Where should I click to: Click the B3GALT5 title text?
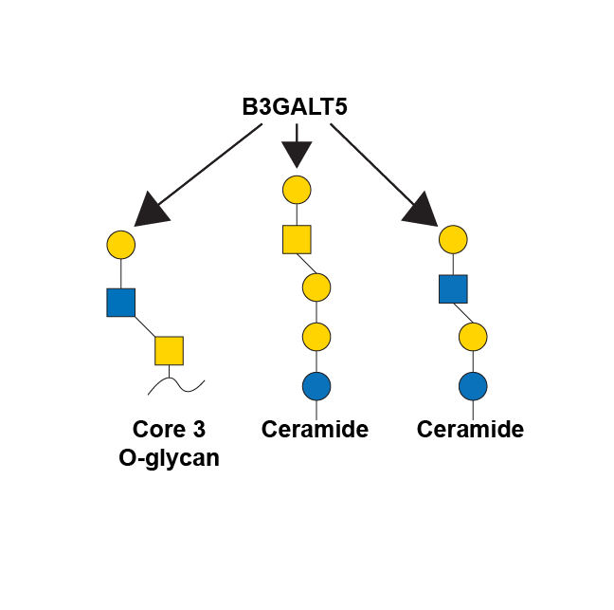point(295,106)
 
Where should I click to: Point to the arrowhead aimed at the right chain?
point(421,210)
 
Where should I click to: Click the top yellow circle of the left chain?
point(121,245)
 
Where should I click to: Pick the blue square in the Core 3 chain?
point(121,303)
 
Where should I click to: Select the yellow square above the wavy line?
point(170,350)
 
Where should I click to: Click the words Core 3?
point(169,429)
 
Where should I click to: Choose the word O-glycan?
point(169,458)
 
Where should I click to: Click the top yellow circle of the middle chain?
point(297,190)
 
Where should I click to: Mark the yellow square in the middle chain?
point(297,239)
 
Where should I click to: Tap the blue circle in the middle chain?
point(316,386)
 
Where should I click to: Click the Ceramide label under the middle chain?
point(315,429)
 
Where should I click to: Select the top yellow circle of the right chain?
point(453,239)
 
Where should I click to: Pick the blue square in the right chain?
point(453,289)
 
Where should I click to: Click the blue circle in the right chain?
point(473,386)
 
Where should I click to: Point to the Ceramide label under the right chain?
point(470,429)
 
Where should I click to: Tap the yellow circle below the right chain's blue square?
point(473,337)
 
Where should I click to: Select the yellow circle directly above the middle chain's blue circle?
point(316,337)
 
